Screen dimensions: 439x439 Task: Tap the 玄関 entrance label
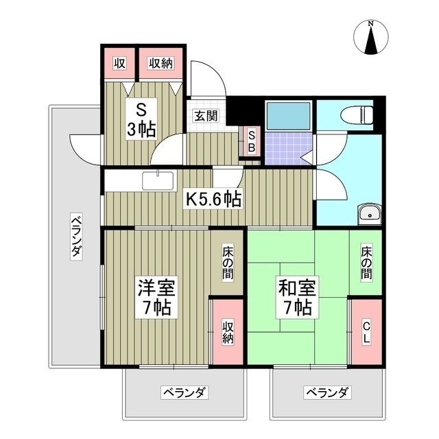point(204,116)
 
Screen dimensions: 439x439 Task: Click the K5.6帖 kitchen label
point(214,200)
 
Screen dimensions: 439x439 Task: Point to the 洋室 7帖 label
point(155,297)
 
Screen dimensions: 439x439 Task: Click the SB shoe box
point(250,142)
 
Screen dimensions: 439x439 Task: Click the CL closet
point(366,333)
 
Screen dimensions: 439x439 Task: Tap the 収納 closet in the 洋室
point(227,333)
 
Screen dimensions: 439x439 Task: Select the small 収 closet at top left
point(120,64)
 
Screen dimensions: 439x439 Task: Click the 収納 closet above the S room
point(161,64)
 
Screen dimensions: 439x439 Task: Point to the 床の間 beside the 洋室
point(227,263)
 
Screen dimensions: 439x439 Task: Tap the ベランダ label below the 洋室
point(185,393)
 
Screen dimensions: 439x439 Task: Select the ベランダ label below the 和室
point(327,393)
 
